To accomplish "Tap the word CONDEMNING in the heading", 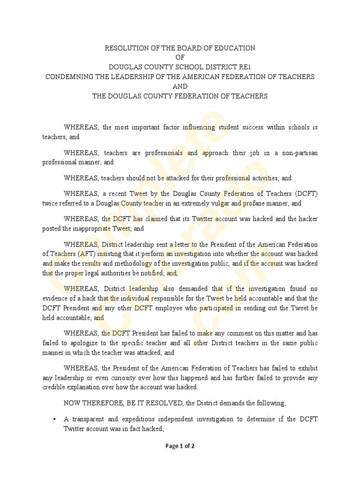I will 71,76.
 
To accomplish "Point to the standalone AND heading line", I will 180,86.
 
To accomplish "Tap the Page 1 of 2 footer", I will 180,446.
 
